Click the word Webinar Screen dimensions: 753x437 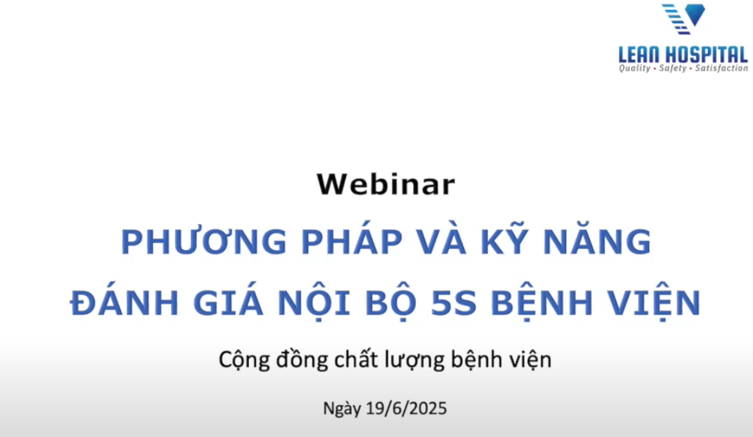point(386,184)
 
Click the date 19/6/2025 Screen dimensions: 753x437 point(406,409)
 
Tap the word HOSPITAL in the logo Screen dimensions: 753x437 point(711,54)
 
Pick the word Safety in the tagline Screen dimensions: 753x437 point(673,68)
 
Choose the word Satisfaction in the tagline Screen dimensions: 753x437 point(721,68)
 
